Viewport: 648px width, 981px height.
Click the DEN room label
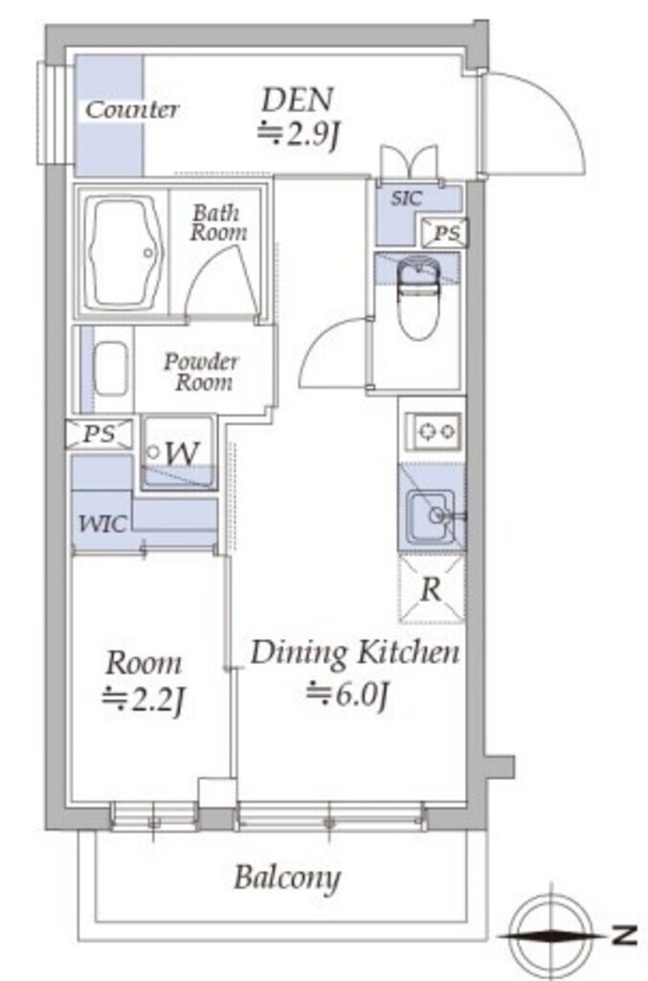pyautogui.click(x=298, y=99)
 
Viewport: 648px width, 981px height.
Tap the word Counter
pyautogui.click(x=132, y=110)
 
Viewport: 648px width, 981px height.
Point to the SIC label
pyautogui.click(x=406, y=198)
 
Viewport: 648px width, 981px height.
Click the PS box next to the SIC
pyautogui.click(x=445, y=232)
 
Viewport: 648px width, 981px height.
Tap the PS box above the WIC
pyautogui.click(x=100, y=434)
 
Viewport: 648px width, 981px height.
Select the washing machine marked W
pyautogui.click(x=179, y=452)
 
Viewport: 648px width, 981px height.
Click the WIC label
pyautogui.click(x=102, y=523)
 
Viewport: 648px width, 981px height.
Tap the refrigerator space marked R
pyautogui.click(x=432, y=589)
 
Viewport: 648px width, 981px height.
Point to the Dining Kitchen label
pyautogui.click(x=355, y=652)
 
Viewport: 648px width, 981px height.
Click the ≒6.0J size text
pyautogui.click(x=347, y=695)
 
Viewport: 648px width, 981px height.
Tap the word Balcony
pyautogui.click(x=287, y=878)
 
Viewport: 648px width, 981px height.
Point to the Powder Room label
pyautogui.click(x=201, y=372)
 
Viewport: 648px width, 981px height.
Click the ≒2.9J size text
pyautogui.click(x=298, y=133)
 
